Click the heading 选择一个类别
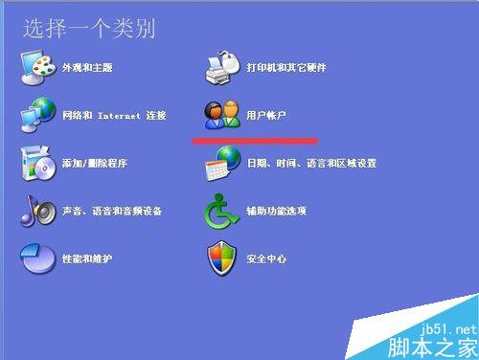point(89,28)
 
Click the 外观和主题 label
point(87,68)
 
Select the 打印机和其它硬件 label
point(286,68)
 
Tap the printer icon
point(224,66)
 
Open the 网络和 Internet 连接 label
point(114,116)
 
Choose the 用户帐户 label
point(267,116)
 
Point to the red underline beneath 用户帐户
point(255,140)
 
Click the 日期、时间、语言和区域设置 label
point(311,164)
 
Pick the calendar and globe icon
point(222,164)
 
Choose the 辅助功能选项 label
point(276,212)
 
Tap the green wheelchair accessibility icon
point(222,211)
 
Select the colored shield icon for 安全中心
point(222,259)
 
